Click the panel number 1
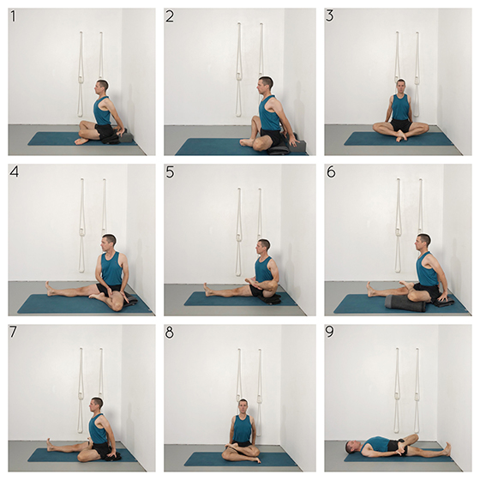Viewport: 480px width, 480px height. click(13, 16)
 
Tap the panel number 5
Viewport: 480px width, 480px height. click(170, 172)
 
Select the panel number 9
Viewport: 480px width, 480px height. click(330, 333)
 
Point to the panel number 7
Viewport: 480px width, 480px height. click(13, 333)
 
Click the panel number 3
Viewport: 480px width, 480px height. click(330, 16)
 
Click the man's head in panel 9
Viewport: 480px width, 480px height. click(351, 447)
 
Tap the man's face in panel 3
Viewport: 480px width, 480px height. click(401, 88)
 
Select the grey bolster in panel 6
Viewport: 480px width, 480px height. click(405, 303)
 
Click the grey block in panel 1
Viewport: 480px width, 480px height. click(126, 137)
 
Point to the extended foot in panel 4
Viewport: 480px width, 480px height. click(49, 288)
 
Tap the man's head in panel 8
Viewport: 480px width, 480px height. click(243, 406)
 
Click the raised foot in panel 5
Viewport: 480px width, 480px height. click(249, 281)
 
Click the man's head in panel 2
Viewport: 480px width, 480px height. click(265, 85)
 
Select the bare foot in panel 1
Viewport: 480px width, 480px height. click(81, 141)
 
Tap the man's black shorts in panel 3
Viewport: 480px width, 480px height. click(401, 125)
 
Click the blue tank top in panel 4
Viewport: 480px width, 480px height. click(111, 269)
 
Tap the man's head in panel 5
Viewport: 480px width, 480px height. click(264, 248)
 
